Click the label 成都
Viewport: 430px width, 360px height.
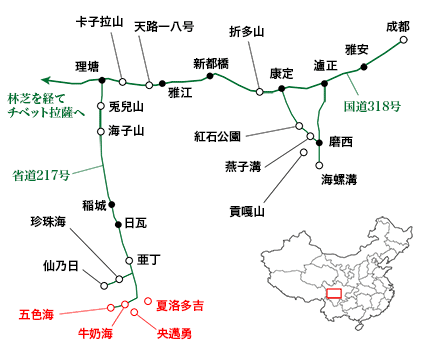coord(397,26)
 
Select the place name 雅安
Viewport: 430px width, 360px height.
coord(358,48)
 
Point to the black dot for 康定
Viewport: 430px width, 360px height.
coord(284,89)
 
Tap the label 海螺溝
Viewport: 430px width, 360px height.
coord(339,180)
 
